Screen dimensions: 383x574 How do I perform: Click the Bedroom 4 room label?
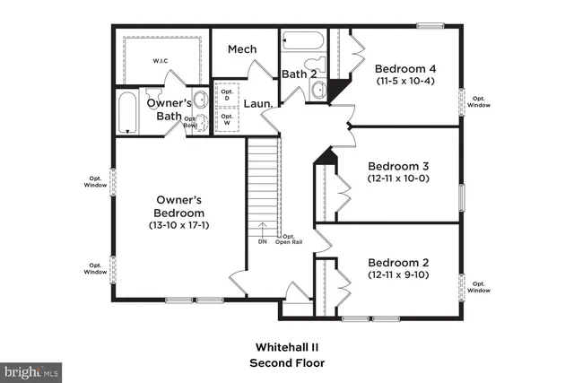click(x=405, y=68)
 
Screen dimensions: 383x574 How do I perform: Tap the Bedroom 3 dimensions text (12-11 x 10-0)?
click(x=399, y=178)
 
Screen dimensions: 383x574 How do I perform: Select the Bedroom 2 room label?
click(x=399, y=262)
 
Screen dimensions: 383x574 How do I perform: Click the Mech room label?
click(x=242, y=49)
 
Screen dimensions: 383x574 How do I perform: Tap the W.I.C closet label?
click(x=161, y=61)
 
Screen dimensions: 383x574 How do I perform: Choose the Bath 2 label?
click(x=299, y=74)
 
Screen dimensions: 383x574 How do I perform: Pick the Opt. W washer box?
click(x=227, y=118)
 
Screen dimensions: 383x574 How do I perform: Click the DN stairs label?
click(x=262, y=241)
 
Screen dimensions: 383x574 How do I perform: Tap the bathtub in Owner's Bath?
click(x=128, y=111)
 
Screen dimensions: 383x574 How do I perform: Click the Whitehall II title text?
click(x=287, y=346)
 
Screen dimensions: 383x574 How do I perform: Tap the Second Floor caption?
click(x=287, y=363)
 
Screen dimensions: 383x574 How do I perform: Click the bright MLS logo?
click(x=32, y=370)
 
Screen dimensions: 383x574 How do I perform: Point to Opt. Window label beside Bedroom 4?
click(x=478, y=101)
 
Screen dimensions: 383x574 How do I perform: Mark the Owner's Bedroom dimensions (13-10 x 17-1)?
click(x=179, y=225)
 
